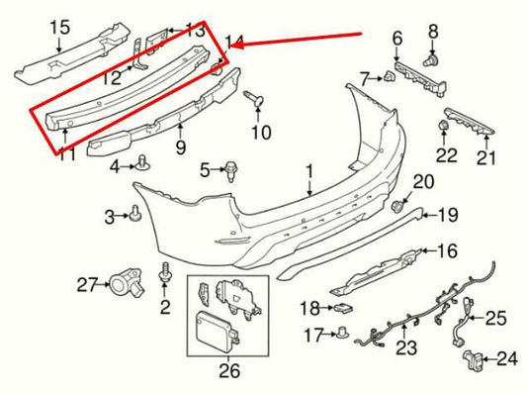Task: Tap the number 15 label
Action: point(60,27)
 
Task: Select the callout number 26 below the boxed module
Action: point(229,372)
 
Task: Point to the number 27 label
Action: point(86,285)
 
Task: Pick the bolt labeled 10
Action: point(253,100)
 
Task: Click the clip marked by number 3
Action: point(134,214)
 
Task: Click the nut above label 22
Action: point(444,126)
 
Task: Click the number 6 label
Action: point(397,40)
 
